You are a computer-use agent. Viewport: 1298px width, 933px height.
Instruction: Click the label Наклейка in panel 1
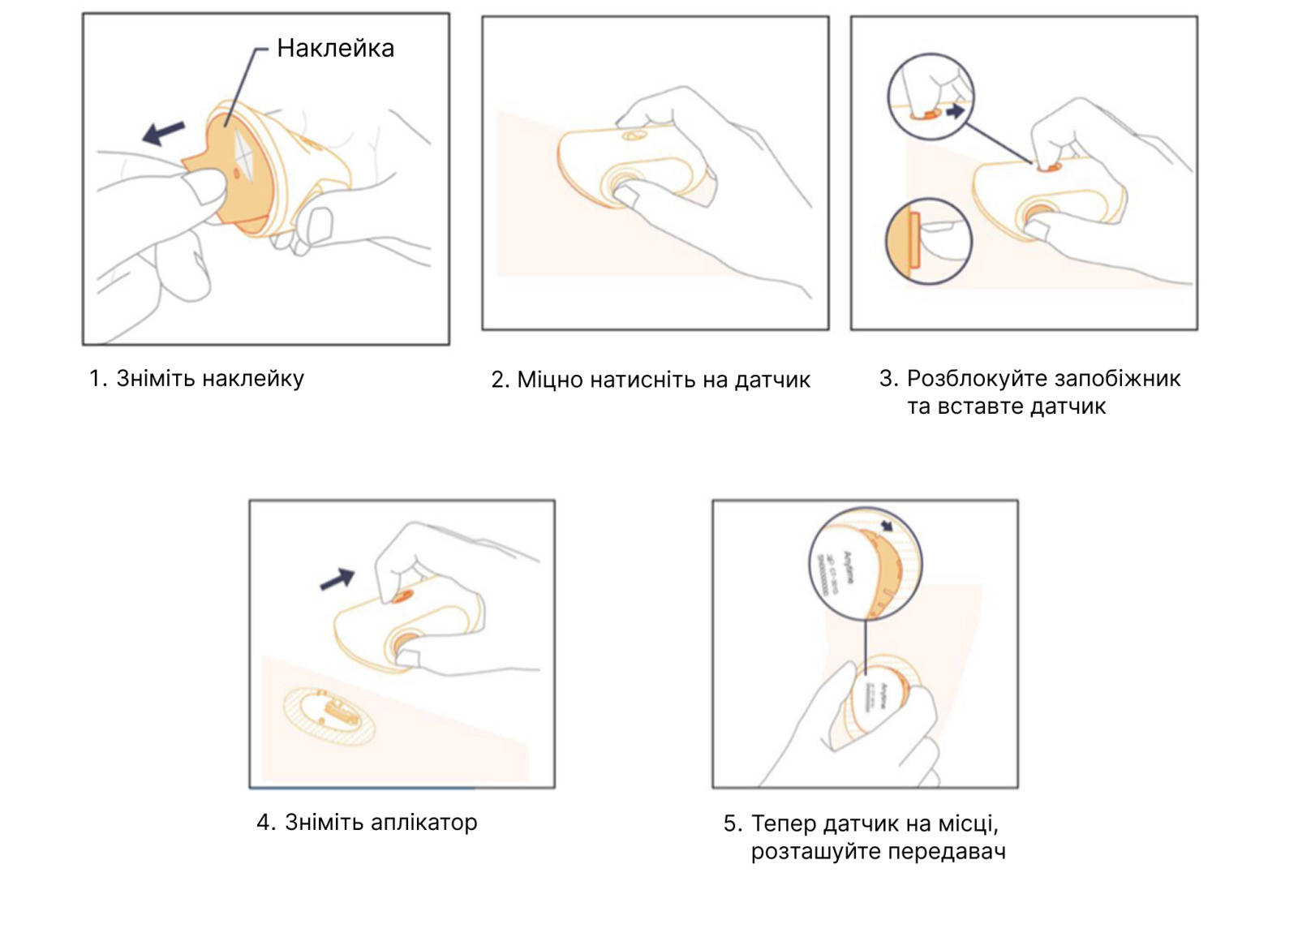(335, 49)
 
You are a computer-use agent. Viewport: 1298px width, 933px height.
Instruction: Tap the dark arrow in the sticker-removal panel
(164, 132)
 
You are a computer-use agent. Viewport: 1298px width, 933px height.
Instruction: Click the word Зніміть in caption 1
(156, 379)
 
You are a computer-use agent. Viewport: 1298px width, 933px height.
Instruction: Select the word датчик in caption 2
(772, 381)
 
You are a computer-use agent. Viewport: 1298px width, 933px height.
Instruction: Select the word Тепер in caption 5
(784, 824)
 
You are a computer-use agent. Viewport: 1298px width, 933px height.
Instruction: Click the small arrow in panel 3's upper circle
(956, 110)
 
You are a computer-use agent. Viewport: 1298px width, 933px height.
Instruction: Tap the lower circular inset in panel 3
(928, 241)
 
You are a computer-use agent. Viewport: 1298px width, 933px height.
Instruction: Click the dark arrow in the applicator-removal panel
(337, 579)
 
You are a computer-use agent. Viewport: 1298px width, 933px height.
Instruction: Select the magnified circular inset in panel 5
(866, 565)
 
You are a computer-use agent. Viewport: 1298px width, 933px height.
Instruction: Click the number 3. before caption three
(888, 379)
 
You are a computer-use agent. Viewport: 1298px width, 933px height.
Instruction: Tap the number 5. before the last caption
(733, 824)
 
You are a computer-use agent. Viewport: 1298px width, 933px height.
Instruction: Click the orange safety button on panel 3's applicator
(1049, 167)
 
